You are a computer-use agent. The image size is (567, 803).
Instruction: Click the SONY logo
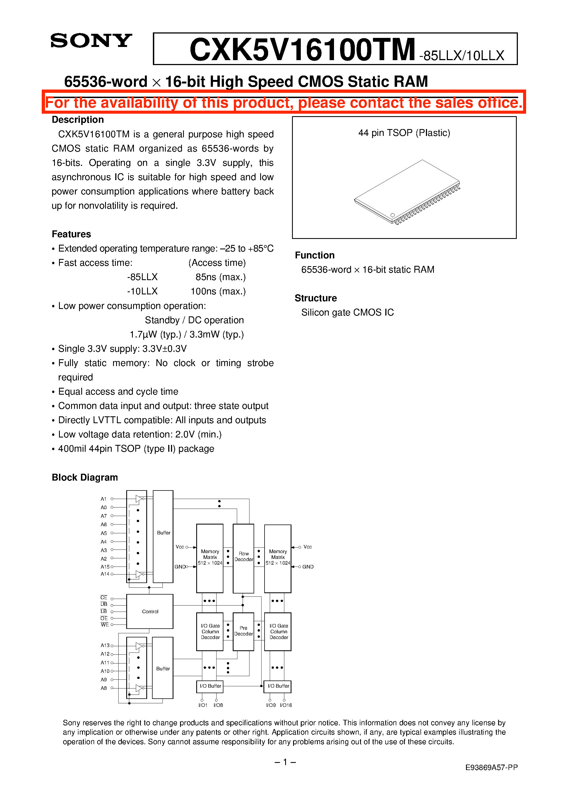point(91,41)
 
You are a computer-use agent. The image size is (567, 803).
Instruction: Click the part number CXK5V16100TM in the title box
point(302,50)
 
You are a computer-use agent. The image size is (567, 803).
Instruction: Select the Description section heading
point(78,120)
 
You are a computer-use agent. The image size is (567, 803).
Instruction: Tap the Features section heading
point(71,234)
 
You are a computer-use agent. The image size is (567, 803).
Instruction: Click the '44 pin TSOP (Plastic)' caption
point(404,133)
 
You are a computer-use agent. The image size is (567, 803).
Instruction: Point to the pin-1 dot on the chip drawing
point(392,215)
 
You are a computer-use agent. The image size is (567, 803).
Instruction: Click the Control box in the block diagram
point(150,611)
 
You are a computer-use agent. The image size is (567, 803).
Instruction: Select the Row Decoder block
point(243,556)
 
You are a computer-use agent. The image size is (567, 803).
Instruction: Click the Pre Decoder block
point(243,631)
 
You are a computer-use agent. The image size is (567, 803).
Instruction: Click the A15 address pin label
point(105,567)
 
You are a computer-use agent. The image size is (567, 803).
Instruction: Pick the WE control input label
point(105,625)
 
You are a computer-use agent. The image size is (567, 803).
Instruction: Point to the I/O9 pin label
point(271,705)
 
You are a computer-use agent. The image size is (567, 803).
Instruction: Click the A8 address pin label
point(104,688)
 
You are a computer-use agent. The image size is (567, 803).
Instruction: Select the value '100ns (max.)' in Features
point(218,291)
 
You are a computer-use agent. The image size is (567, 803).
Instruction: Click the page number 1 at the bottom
point(285,762)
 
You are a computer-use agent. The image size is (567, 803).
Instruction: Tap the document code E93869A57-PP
point(491,767)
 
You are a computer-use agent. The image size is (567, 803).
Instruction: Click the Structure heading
point(316,298)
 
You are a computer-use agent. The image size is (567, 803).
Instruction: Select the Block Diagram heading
point(85,477)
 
